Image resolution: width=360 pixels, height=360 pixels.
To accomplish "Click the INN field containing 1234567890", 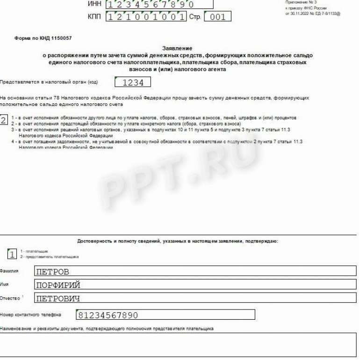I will pyautogui.click(x=159, y=5).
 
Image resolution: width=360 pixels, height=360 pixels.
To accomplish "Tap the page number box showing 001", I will pyautogui.click(x=218, y=17).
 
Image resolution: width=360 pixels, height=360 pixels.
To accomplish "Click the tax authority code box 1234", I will pyautogui.click(x=132, y=82).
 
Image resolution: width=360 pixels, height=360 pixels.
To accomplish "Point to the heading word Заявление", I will pyautogui.click(x=177, y=48).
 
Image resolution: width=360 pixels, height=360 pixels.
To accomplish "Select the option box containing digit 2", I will pyautogui.click(x=4, y=120).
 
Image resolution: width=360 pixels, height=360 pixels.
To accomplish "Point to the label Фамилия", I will pyautogui.click(x=9, y=271).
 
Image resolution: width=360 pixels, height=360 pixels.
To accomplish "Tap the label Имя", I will pyautogui.click(x=4, y=284).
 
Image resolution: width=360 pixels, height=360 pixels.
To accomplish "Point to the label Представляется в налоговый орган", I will pyautogui.click(x=49, y=82).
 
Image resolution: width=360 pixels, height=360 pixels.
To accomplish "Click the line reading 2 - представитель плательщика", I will pyautogui.click(x=49, y=257).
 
